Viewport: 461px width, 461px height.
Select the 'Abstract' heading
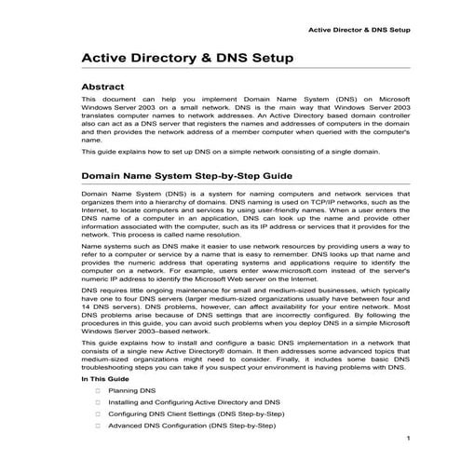108,88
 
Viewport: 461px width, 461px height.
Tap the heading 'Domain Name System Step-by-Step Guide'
187,174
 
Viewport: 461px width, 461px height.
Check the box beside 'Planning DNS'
97,392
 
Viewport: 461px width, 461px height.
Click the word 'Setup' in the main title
274,59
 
